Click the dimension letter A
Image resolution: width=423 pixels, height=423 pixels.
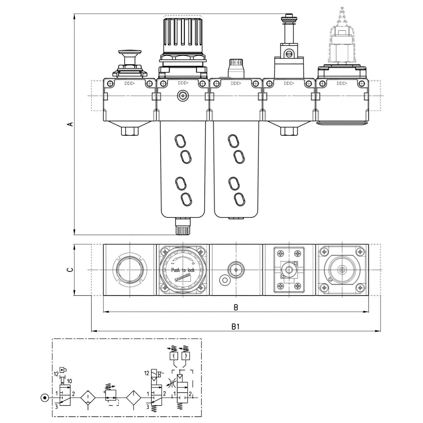(x=71, y=124)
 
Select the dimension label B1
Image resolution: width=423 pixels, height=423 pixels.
(x=235, y=327)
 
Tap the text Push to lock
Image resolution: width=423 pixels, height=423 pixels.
(x=183, y=270)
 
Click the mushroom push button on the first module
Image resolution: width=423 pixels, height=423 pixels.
(x=130, y=54)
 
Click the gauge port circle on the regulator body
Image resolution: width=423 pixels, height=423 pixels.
(x=183, y=96)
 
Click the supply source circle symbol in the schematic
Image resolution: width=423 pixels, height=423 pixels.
(x=44, y=398)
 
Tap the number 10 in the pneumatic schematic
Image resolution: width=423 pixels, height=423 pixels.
(x=69, y=381)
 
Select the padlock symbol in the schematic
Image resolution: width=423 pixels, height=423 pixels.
(x=63, y=370)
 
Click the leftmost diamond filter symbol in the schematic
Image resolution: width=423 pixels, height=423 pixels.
(x=88, y=398)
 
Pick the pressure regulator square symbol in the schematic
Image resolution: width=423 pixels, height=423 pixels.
(x=111, y=395)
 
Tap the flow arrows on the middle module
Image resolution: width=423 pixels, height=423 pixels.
(x=236, y=83)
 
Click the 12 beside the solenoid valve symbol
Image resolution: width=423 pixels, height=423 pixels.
(x=146, y=373)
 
